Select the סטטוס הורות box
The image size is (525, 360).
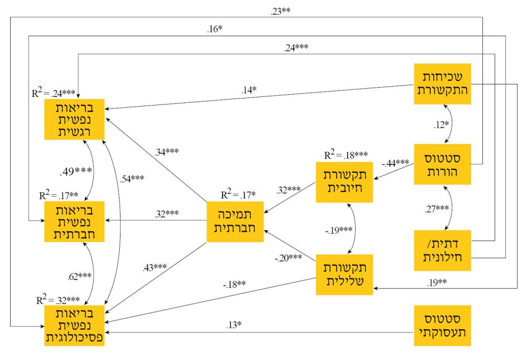coord(442,165)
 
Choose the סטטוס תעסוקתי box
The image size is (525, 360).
coord(442,325)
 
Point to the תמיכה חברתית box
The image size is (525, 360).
coord(234,221)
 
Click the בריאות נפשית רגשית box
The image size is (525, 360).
coord(75,118)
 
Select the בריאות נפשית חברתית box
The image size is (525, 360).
coord(75,221)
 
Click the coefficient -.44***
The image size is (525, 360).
coord(395,163)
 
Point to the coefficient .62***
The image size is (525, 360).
coord(79,276)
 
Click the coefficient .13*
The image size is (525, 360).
coord(234,325)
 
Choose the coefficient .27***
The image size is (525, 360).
coord(437,209)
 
